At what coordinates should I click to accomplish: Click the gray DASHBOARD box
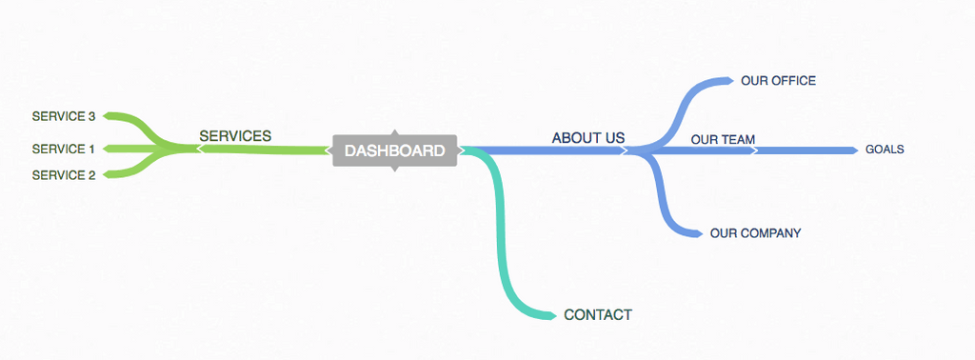[x=394, y=150]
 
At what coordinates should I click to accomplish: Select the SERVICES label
[x=235, y=136]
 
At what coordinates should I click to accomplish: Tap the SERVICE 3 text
[x=64, y=116]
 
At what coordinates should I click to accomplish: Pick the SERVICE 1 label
[x=64, y=149]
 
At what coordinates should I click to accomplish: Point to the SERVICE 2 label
[x=64, y=175]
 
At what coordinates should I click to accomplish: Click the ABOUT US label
[x=588, y=138]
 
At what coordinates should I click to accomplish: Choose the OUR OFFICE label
[x=778, y=81]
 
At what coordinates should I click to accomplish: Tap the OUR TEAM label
[x=723, y=139]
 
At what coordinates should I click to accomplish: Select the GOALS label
[x=885, y=150]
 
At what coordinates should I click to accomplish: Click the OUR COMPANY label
[x=755, y=233]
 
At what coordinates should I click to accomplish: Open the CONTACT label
[x=598, y=315]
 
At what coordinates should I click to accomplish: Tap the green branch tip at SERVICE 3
[x=109, y=116]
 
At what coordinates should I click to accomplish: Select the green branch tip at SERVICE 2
[x=109, y=174]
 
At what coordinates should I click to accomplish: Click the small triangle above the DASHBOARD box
[x=394, y=132]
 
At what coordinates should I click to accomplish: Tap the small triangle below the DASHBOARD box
[x=394, y=169]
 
